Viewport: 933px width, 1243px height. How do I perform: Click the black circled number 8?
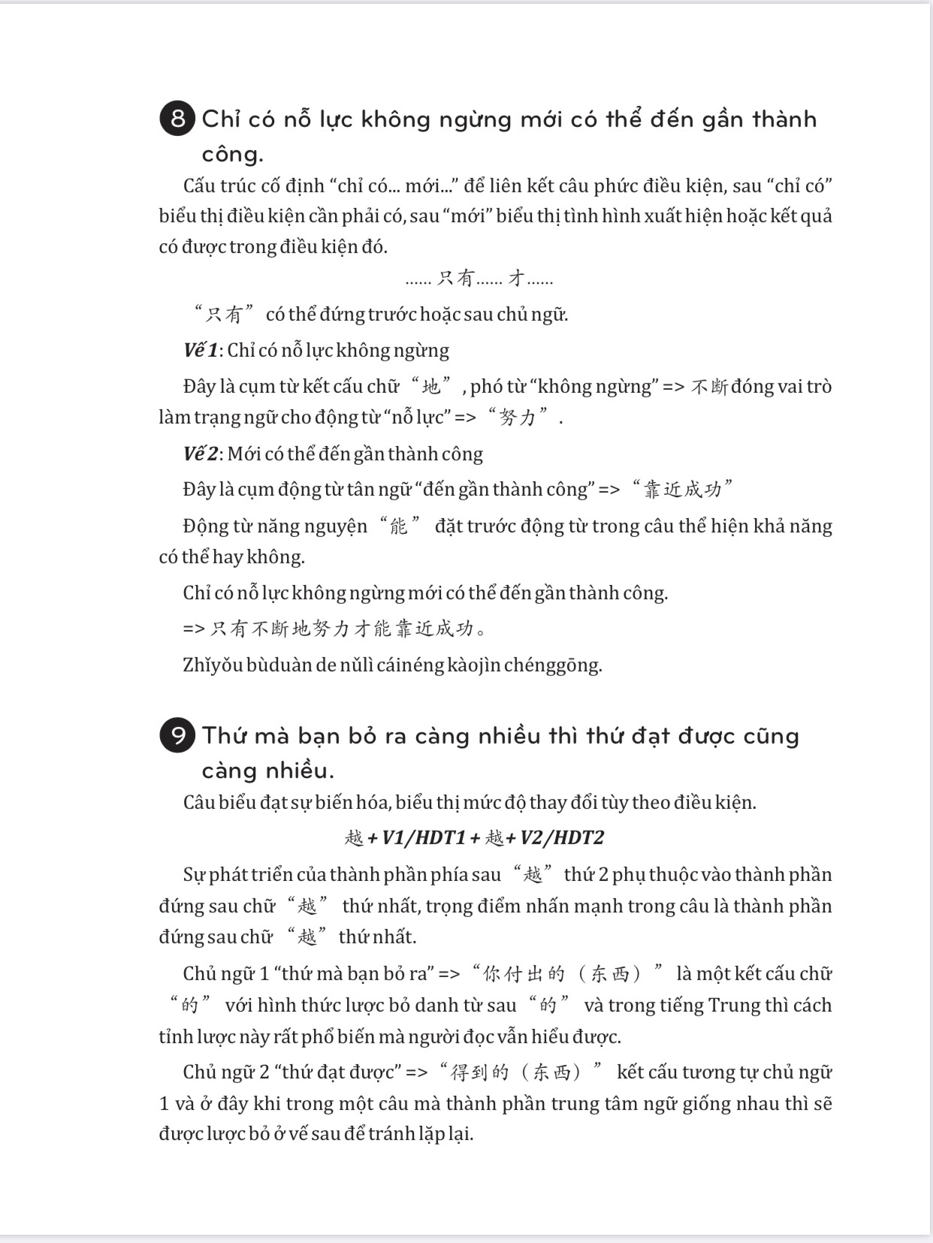coord(177,119)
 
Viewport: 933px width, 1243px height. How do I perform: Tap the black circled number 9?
coord(177,735)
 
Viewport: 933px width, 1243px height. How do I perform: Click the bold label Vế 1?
coord(200,351)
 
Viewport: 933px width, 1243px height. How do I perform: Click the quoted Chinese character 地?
coord(431,387)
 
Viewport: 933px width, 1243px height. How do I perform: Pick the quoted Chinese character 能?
coord(398,526)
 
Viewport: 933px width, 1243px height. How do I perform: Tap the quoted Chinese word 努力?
coord(518,418)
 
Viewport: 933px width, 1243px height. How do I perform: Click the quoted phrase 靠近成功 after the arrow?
coord(682,490)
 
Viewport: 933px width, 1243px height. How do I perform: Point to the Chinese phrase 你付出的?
coord(524,974)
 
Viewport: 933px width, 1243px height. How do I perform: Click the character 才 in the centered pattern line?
coord(516,279)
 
